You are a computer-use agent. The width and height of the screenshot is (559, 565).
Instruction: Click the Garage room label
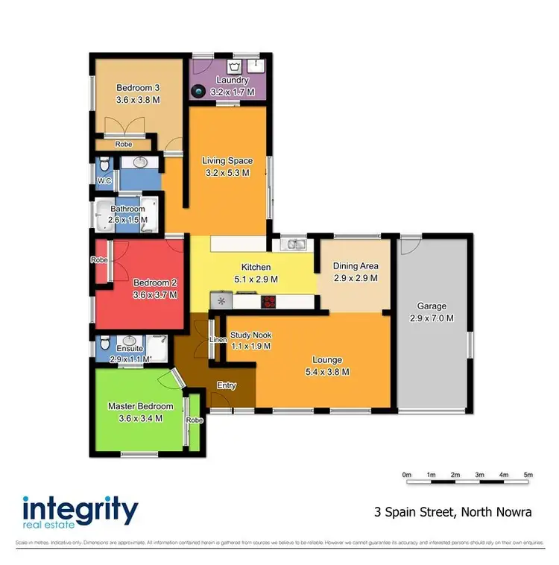pyautogui.click(x=432, y=306)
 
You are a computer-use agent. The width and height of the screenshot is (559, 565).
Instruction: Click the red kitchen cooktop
pyautogui.click(x=268, y=302)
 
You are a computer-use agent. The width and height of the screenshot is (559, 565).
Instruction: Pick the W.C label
pyautogui.click(x=104, y=180)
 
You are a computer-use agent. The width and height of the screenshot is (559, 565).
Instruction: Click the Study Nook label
pyautogui.click(x=250, y=335)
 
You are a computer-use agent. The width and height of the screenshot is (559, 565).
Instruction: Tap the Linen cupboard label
pyautogui.click(x=218, y=341)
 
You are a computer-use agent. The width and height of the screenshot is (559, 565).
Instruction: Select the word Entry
pyautogui.click(x=227, y=385)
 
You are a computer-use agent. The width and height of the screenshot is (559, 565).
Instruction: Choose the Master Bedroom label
pyautogui.click(x=140, y=406)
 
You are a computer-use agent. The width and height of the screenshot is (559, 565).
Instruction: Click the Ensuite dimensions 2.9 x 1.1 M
pyautogui.click(x=130, y=359)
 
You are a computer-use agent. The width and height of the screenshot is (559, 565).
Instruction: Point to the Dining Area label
pyautogui.click(x=356, y=266)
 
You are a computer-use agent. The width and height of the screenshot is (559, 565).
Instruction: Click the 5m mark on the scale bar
pyautogui.click(x=528, y=474)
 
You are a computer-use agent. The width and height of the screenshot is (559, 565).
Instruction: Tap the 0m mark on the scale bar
pyautogui.click(x=407, y=474)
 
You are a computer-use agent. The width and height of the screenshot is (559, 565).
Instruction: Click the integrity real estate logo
pyautogui.click(x=80, y=514)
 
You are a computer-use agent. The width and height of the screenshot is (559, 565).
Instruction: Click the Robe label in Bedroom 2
pyautogui.click(x=98, y=260)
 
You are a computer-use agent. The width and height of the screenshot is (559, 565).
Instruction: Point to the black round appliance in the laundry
pyautogui.click(x=198, y=92)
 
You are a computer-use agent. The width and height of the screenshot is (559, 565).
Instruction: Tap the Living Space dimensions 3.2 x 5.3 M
pyautogui.click(x=227, y=172)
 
